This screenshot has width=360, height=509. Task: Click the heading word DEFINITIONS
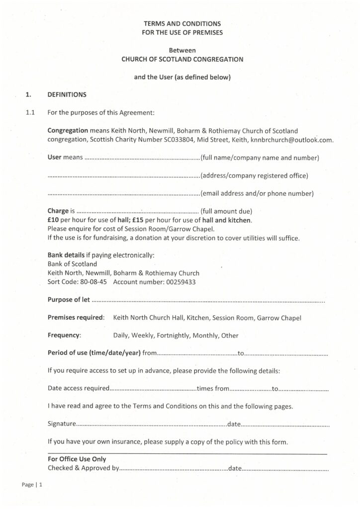click(67, 94)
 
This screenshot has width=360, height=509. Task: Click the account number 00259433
click(178, 282)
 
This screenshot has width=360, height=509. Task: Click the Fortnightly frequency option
click(173, 336)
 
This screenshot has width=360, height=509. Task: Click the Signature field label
click(62, 424)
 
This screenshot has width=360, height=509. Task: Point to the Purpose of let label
click(69, 299)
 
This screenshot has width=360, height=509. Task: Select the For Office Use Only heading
click(77, 459)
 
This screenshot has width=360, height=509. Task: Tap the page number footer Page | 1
click(32, 485)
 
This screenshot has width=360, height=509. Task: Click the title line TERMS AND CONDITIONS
click(182, 23)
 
